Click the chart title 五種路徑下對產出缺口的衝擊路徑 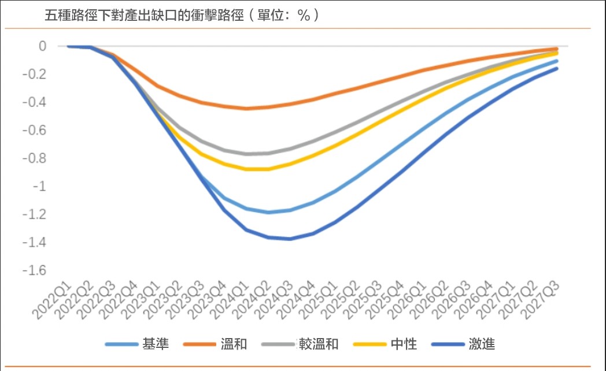point(182,15)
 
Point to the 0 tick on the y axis point(42,46)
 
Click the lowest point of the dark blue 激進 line point(289,239)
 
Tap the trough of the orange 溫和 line point(246,108)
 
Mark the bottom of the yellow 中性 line point(257,169)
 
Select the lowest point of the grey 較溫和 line point(249,154)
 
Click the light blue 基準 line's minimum point(268,212)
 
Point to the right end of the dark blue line point(557,69)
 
